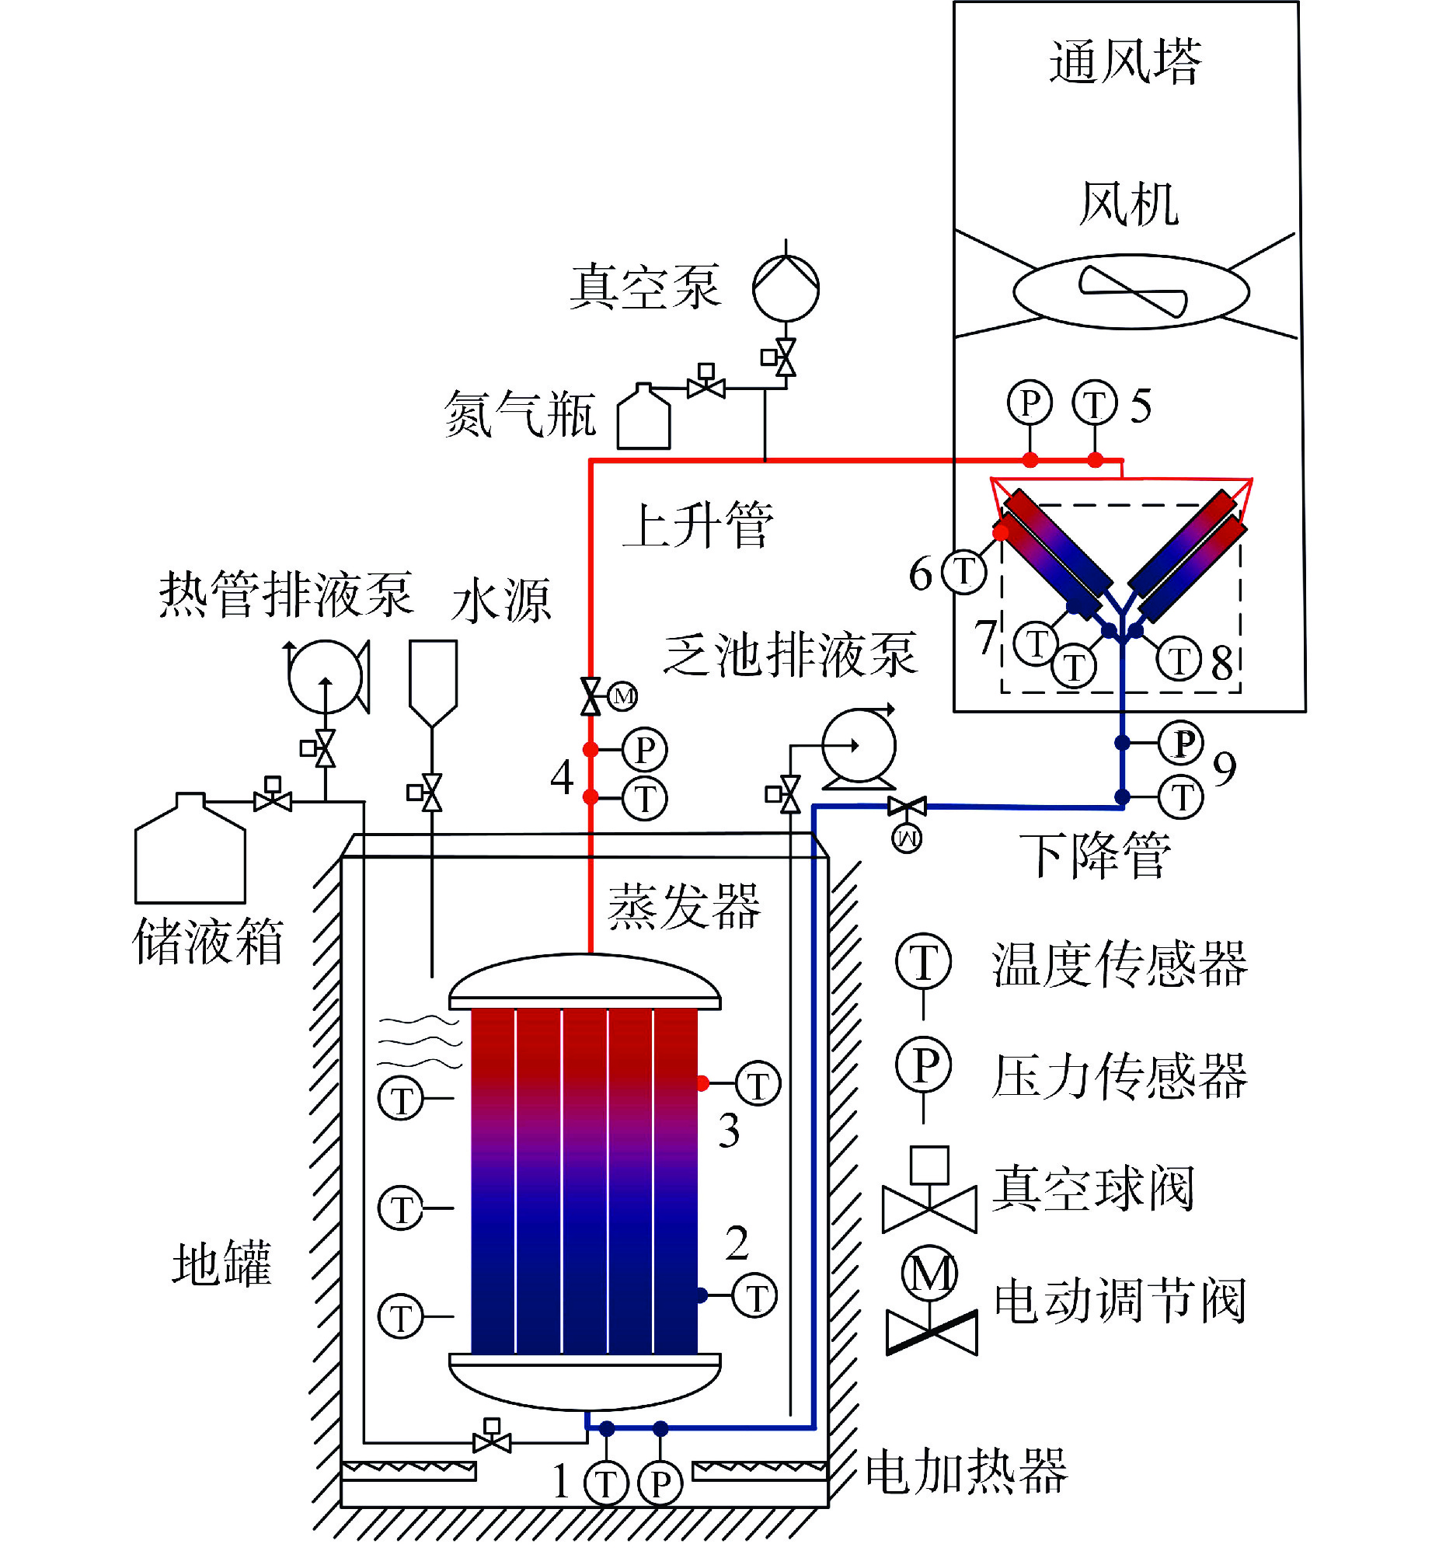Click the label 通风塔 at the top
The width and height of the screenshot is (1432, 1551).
pyautogui.click(x=1125, y=62)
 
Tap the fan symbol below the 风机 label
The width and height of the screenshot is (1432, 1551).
pyautogui.click(x=1131, y=292)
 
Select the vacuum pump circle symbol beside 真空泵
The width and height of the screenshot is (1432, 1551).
pyautogui.click(x=786, y=288)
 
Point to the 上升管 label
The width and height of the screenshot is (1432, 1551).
pyautogui.click(x=698, y=525)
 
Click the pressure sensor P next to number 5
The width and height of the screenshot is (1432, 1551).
pyautogui.click(x=1030, y=403)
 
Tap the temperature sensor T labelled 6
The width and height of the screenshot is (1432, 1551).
pyautogui.click(x=963, y=572)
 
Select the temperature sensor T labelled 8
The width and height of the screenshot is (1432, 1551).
pyautogui.click(x=1179, y=660)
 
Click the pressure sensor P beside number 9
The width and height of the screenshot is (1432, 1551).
pyautogui.click(x=1181, y=743)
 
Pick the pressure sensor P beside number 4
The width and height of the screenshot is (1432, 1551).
pyautogui.click(x=645, y=750)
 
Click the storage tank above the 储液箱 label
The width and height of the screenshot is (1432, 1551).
pyautogui.click(x=190, y=851)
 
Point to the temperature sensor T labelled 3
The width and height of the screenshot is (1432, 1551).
pyautogui.click(x=758, y=1083)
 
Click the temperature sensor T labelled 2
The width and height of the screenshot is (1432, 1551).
pyautogui.click(x=754, y=1295)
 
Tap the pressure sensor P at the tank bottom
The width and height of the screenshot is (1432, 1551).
pyautogui.click(x=660, y=1483)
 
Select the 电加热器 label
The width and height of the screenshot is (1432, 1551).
pyautogui.click(x=967, y=1471)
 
